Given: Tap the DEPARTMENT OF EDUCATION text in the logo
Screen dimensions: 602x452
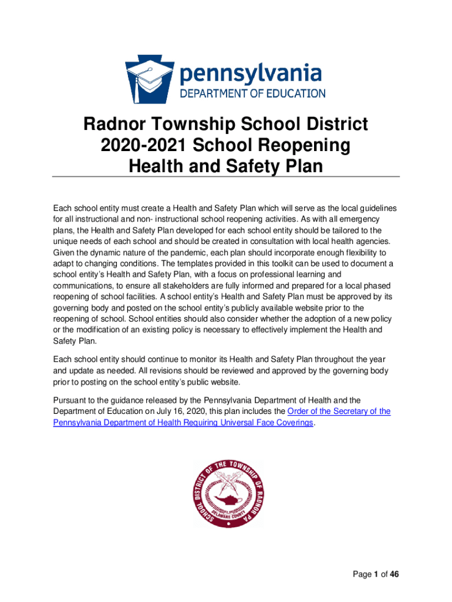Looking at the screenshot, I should click(252, 93).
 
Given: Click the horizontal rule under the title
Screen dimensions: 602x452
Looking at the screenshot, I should click(226, 176).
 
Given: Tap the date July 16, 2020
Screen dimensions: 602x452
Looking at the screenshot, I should click(180, 412).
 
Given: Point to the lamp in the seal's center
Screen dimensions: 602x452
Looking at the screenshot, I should click(226, 497).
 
